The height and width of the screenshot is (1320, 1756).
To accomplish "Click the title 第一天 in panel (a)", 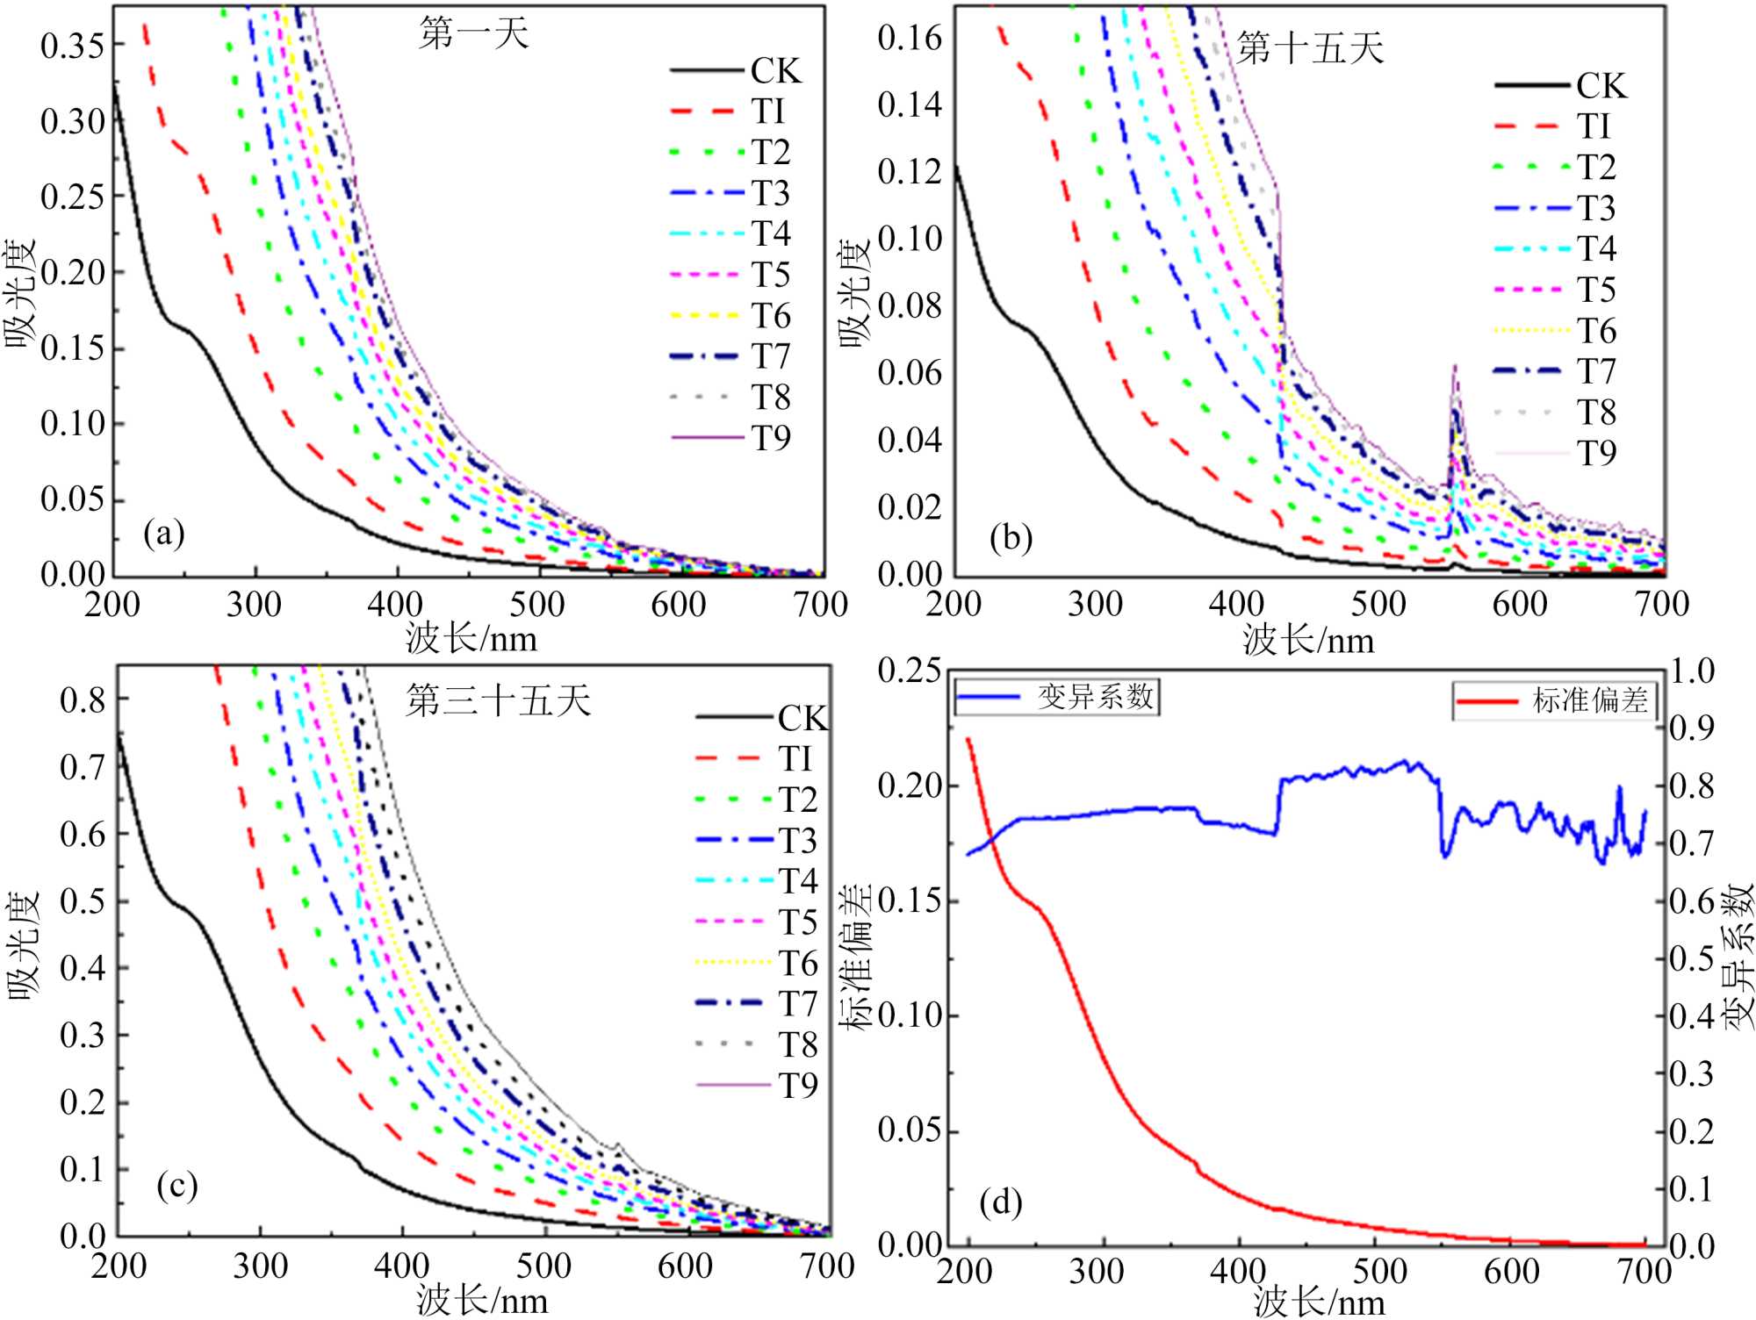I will pos(474,33).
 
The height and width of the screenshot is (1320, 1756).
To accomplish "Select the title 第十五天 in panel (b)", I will pos(1310,47).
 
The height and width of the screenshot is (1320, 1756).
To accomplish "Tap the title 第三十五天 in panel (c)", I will pos(498,700).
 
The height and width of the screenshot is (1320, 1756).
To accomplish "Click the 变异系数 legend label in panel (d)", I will pos(1095,697).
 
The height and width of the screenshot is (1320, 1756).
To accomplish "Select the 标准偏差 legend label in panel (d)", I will pos(1589,700).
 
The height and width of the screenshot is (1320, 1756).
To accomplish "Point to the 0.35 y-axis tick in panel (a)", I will pos(72,46).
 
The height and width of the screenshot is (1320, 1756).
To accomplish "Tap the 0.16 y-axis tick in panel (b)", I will pos(910,38).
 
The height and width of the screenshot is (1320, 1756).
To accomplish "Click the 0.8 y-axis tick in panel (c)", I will pos(83,699).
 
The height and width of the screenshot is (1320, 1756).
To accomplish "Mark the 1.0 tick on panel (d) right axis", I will pos(1692,671).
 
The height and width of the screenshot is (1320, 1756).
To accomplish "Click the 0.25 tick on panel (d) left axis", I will pos(910,671).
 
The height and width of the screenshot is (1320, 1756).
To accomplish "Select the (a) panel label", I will pos(164,533).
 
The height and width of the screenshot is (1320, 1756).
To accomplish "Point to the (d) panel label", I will pos(1001,1202).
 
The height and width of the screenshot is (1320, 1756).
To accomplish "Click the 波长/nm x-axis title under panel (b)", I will pos(1308,640).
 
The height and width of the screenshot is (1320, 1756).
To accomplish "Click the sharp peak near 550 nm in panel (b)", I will pos(1454,369).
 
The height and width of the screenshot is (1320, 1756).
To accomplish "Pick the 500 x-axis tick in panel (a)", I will pos(537,605).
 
